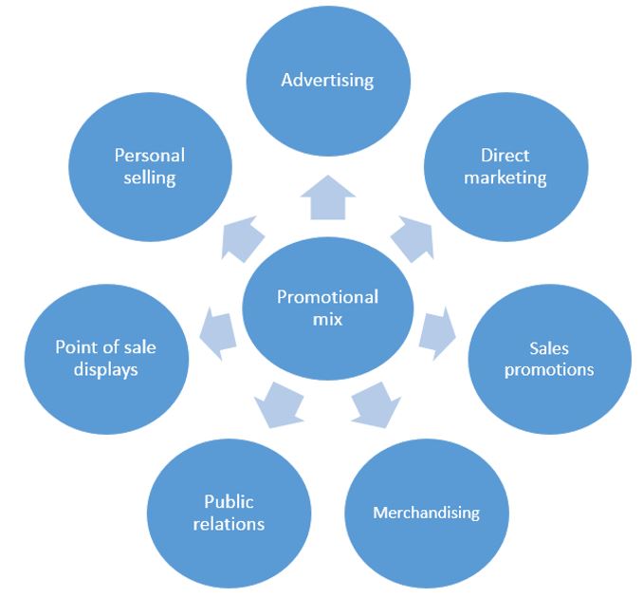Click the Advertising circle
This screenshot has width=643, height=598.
pos(328,79)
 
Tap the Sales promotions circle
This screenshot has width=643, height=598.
pos(548,357)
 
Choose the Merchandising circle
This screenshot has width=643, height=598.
pos(426,514)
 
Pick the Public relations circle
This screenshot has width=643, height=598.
pos(230,513)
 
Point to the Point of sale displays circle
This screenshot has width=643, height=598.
pos(105,357)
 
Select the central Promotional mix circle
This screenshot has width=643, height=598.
pos(327,308)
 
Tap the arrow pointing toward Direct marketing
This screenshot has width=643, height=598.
pos(411,236)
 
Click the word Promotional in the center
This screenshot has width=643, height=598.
pos(327,297)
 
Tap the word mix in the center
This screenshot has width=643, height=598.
pos(327,320)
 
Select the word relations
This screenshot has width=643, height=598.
pos(230,523)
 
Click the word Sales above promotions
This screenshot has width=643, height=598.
pos(548,347)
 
